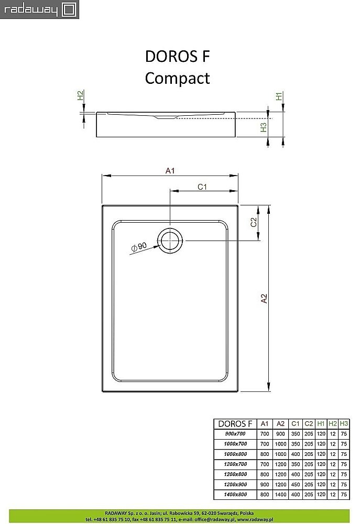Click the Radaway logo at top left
coord(39,9)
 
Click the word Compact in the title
coord(177,78)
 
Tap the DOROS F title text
coord(177,57)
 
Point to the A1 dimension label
coord(170,170)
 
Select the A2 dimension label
coord(264,298)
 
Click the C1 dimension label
coord(203,187)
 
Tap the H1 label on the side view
coord(279,96)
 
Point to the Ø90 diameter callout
coord(139,247)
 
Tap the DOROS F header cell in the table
coord(235,423)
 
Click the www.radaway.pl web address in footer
coord(327,519)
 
